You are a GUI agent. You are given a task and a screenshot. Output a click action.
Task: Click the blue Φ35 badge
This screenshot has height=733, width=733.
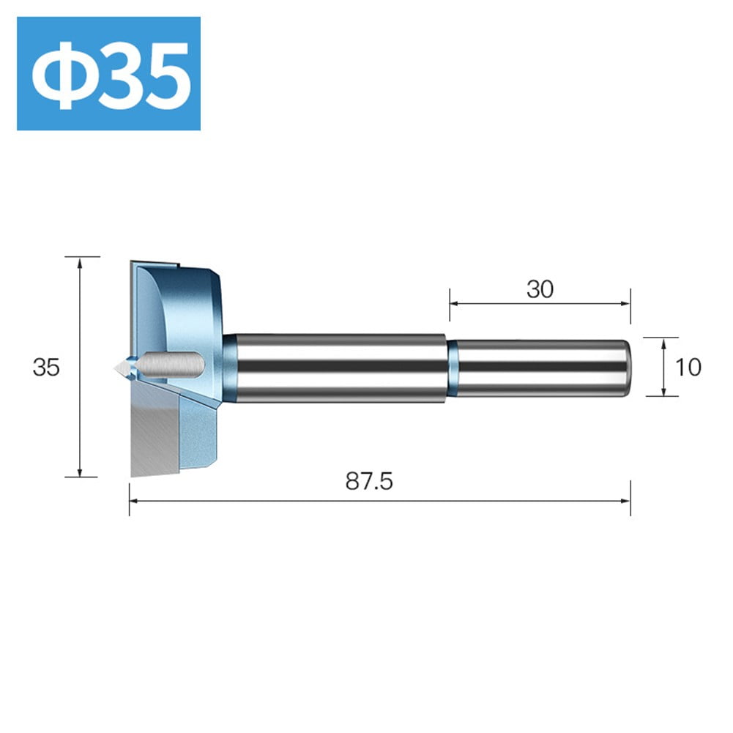click(x=108, y=74)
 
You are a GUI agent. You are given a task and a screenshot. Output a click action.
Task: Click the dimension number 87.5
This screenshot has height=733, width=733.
click(x=369, y=481)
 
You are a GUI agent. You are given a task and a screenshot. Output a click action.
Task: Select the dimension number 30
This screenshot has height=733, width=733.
click(x=540, y=289)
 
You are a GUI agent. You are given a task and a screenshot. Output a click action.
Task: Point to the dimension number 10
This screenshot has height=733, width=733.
click(x=688, y=367)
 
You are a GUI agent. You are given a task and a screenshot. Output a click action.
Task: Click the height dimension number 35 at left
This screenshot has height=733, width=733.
click(x=45, y=367)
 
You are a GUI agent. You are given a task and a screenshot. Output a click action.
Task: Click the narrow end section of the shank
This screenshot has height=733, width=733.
click(x=542, y=368)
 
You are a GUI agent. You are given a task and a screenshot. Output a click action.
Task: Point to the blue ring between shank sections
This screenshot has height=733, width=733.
click(x=453, y=368)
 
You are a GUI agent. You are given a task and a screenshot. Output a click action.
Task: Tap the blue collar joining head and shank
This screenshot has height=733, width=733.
click(x=229, y=368)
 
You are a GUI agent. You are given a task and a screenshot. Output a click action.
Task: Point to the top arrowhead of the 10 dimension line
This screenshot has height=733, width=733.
click(x=663, y=341)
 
